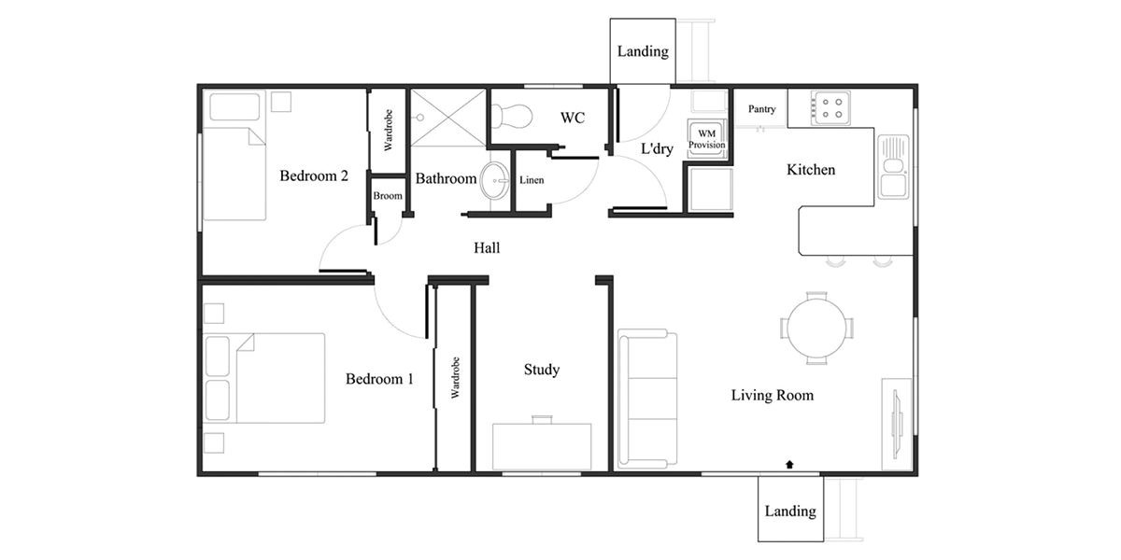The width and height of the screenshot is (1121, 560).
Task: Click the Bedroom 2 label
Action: (314, 175)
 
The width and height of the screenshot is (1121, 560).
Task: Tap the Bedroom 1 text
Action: (379, 379)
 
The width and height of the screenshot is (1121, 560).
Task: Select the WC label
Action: (573, 119)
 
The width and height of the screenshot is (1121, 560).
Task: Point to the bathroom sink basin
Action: (494, 179)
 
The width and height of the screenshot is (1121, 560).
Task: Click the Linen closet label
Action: (532, 180)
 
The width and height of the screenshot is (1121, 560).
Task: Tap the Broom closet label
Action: (388, 197)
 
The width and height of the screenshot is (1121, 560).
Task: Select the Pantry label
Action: (761, 109)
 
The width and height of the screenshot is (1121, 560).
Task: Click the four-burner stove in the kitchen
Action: (830, 107)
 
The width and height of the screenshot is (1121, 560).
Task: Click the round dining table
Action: (817, 328)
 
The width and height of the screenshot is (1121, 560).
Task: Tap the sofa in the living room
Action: (646, 399)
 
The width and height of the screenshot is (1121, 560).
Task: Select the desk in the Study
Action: (542, 445)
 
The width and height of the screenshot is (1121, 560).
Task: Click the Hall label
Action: (487, 248)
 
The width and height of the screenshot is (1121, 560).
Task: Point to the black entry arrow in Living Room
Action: (791, 463)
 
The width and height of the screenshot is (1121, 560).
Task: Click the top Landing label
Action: (643, 51)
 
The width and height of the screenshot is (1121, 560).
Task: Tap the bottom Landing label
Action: (790, 511)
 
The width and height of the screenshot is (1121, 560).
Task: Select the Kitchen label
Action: (811, 170)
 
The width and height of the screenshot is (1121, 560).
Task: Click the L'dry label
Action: (657, 149)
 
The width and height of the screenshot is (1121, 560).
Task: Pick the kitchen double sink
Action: (893, 166)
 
